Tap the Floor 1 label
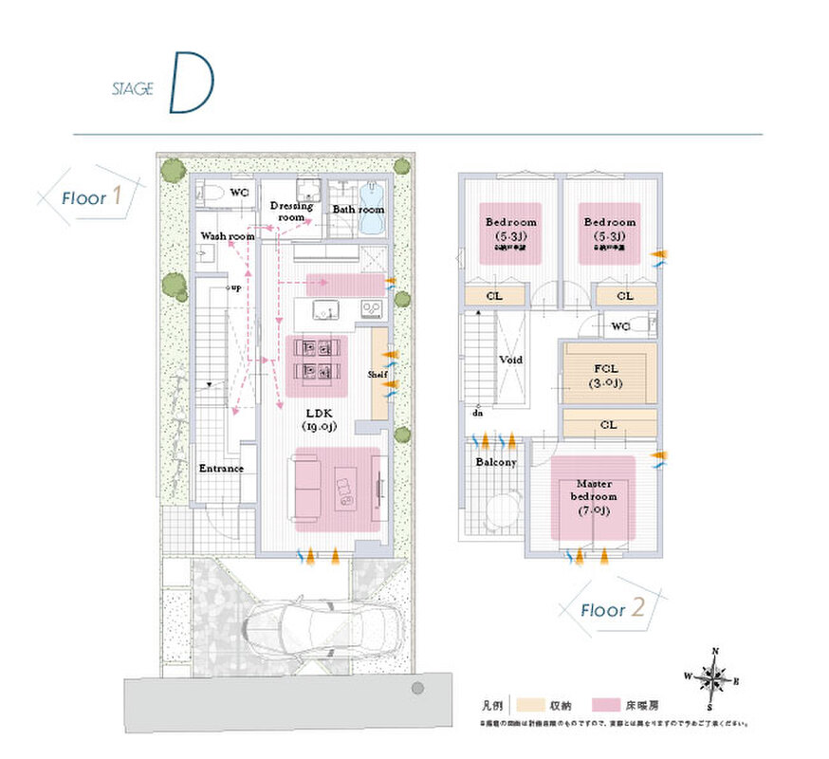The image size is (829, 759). coord(91,197)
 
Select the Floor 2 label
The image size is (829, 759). coord(613,608)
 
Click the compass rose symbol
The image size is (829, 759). coord(713,677)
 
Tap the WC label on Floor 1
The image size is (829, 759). coord(240,193)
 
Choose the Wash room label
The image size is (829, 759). coord(228,235)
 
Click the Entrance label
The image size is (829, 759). coord(221,469)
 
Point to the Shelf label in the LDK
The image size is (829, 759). coord(378,374)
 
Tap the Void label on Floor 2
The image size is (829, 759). coord(511,361)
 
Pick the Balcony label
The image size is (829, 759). coord(495,462)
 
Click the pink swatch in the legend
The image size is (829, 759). coord(606,705)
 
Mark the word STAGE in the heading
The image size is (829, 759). coord(132,89)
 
